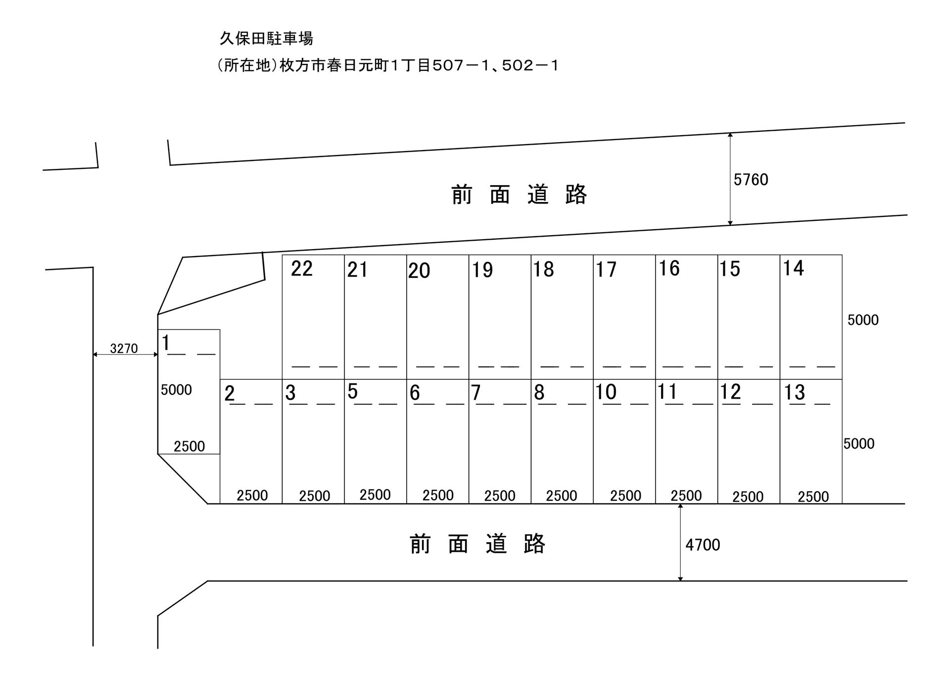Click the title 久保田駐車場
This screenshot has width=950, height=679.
click(266, 39)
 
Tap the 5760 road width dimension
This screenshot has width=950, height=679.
click(751, 180)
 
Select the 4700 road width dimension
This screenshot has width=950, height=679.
click(702, 545)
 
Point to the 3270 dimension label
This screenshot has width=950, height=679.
click(124, 349)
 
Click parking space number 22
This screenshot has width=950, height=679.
click(302, 269)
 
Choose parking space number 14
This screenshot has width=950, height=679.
click(793, 268)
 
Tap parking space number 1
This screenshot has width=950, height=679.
click(166, 343)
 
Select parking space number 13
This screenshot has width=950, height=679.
click(794, 393)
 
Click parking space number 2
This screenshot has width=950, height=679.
click(229, 394)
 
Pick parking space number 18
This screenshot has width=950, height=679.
click(543, 269)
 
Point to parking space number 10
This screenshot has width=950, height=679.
click(606, 392)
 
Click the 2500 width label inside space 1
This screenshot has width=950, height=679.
click(189, 447)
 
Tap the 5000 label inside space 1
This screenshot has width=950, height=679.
click(176, 390)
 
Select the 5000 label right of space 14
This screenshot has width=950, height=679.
click(863, 320)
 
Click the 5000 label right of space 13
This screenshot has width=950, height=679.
click(859, 444)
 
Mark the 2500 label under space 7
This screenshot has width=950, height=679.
click(500, 496)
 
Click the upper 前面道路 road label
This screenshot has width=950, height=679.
click(519, 195)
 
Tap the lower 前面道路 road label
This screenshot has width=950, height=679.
click(477, 544)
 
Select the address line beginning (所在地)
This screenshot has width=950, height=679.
click(388, 66)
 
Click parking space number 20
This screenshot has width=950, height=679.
click(419, 271)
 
